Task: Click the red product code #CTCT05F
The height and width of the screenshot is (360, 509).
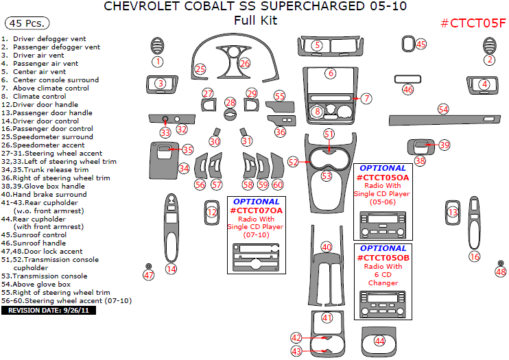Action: pyautogui.click(x=473, y=23)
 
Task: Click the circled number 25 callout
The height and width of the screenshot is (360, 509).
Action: pyautogui.click(x=200, y=69)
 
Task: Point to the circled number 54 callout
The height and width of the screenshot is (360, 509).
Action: pyautogui.click(x=443, y=109)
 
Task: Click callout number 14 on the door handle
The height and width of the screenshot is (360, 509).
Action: pyautogui.click(x=171, y=269)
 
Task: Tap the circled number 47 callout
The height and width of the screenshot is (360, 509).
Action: pyautogui.click(x=149, y=275)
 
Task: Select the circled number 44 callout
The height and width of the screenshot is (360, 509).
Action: pyautogui.click(x=379, y=341)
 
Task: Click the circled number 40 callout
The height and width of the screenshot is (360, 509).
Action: pyautogui.click(x=327, y=247)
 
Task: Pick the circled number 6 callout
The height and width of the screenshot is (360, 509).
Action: pyautogui.click(x=331, y=73)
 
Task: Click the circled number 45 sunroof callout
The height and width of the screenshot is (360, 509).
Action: pyautogui.click(x=421, y=44)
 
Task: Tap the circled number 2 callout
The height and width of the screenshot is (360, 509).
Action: pyautogui.click(x=489, y=60)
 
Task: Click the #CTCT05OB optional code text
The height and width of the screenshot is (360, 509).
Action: pyautogui.click(x=383, y=258)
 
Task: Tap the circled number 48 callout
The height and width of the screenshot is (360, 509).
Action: pyautogui.click(x=500, y=271)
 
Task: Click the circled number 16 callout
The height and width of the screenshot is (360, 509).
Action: pyautogui.click(x=474, y=256)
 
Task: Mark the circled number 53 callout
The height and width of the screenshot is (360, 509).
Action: pyautogui.click(x=327, y=176)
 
